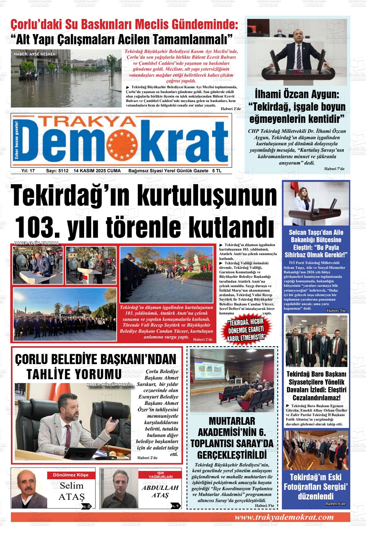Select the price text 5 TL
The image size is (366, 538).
click(x=216, y=171)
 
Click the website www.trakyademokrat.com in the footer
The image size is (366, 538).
click(x=284, y=517)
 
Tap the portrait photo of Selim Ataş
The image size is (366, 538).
click(x=29, y=488)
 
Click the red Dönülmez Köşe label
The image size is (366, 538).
click(x=70, y=475)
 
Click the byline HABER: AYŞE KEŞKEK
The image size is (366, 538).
click(x=35, y=54)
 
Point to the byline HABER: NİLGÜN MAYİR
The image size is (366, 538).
click(x=109, y=385)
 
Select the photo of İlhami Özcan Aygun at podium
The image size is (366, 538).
click(x=297, y=52)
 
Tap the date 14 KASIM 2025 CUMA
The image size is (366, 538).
click(x=97, y=171)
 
